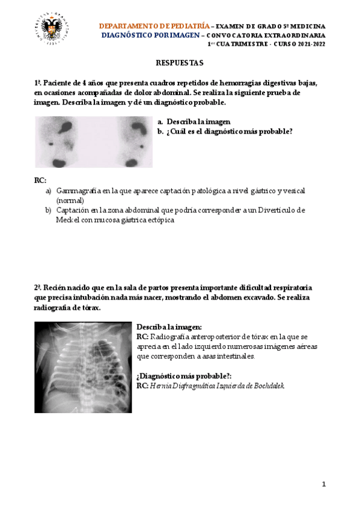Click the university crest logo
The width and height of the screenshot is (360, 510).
[53, 31]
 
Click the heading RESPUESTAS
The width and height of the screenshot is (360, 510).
[180, 63]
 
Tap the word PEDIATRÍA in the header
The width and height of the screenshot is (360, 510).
[188, 26]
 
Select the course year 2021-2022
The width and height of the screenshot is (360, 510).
[309, 44]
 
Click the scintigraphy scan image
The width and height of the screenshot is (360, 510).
[94, 142]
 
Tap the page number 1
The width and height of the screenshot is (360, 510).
[323, 485]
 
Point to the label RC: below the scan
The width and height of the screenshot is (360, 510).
[40, 180]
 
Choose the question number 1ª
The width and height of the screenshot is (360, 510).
[38, 83]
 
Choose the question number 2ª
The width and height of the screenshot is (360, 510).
[38, 288]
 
